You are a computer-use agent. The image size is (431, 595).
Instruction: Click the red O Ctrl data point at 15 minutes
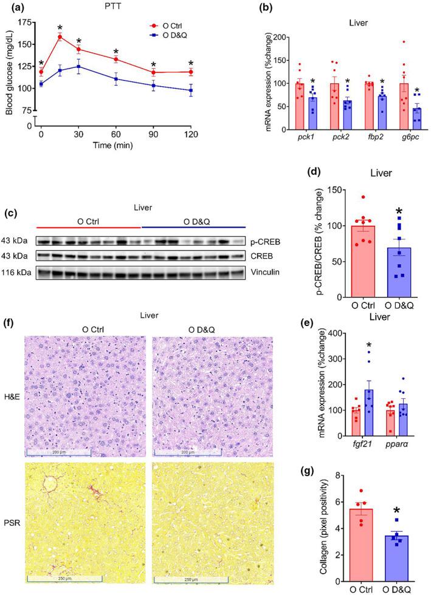coord(60,36)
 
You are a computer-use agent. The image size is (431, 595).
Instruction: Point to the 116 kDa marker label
coord(18,272)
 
